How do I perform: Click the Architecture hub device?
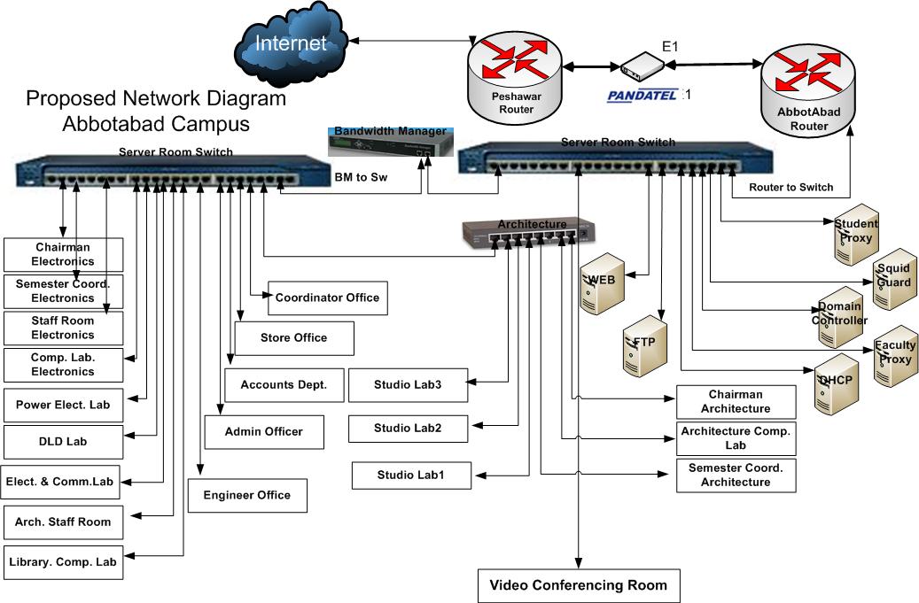click(526, 232)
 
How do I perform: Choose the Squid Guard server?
click(892, 280)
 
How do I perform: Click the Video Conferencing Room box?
click(579, 585)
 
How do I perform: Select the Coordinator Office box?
click(327, 298)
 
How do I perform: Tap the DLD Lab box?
click(63, 440)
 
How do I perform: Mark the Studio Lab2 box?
click(408, 429)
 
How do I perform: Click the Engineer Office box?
click(247, 495)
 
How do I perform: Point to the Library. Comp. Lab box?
click(63, 561)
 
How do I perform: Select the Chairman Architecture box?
click(736, 402)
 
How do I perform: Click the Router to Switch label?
click(790, 187)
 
